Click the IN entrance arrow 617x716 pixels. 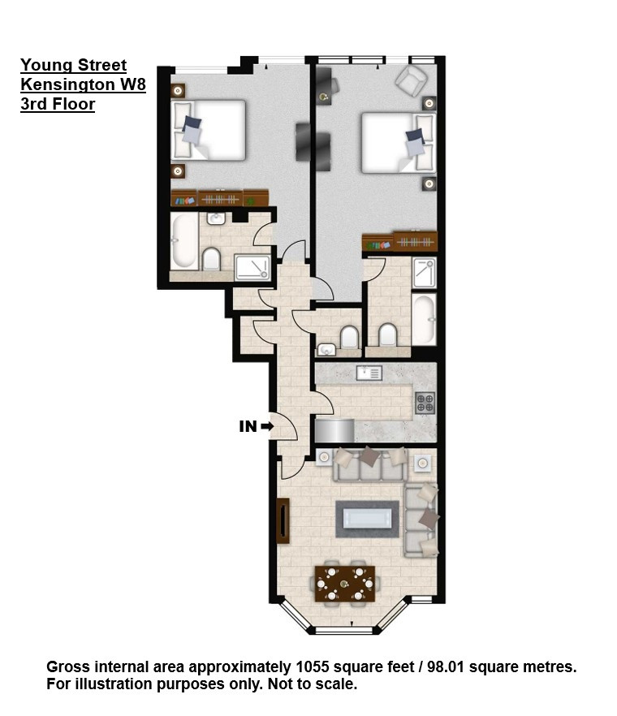[267, 426]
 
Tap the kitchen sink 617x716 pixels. [369, 373]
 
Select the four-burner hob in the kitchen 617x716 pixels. [425, 403]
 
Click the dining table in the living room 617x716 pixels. [345, 584]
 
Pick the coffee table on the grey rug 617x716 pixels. [367, 519]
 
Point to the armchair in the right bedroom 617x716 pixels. [412, 80]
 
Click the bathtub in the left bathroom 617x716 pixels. [183, 241]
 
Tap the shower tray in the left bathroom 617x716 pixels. [252, 268]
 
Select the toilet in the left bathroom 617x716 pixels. [211, 259]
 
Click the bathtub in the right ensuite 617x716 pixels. [424, 320]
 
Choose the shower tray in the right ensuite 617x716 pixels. [424, 273]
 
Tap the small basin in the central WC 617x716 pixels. [326, 350]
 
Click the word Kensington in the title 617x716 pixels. [67, 84]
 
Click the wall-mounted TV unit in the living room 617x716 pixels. [283, 521]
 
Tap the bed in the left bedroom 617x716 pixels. [209, 130]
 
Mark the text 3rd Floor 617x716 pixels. [58, 104]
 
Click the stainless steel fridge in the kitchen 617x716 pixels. [334, 430]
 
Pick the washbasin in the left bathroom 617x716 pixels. [216, 218]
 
